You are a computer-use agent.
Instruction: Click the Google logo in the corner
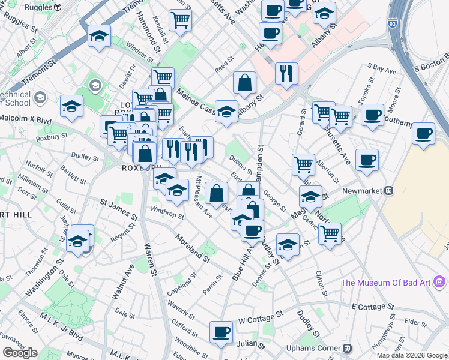click(x=20, y=352)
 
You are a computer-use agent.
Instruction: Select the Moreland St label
click(x=193, y=249)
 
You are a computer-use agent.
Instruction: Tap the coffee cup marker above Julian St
click(x=221, y=332)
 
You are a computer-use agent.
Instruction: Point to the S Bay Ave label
click(x=382, y=70)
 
